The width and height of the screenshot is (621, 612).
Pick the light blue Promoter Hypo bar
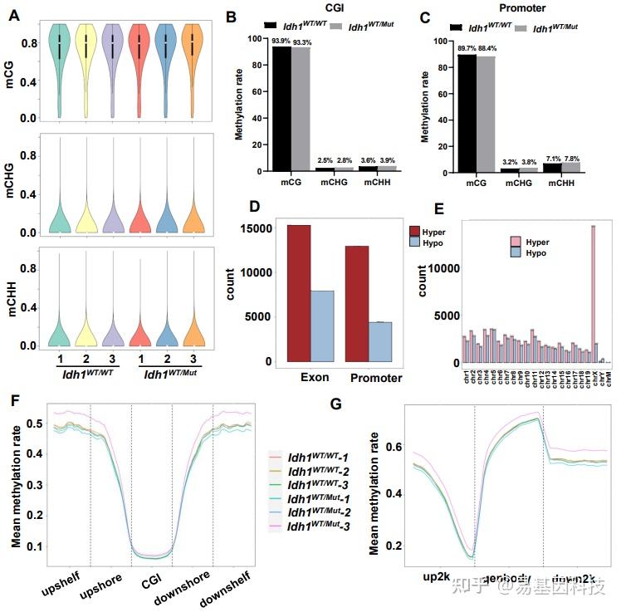point(379,340)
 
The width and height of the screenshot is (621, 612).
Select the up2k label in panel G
point(436,575)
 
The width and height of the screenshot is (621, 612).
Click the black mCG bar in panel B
point(283,108)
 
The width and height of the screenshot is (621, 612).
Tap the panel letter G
point(336,404)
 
